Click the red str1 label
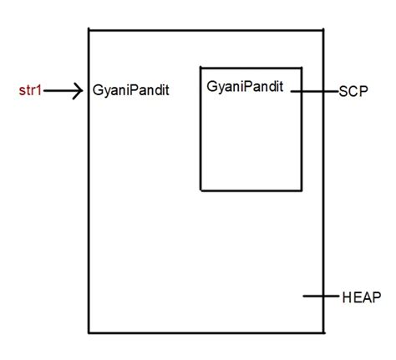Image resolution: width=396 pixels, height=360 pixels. (x=30, y=89)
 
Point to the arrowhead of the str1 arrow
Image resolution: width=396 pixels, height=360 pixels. (x=79, y=90)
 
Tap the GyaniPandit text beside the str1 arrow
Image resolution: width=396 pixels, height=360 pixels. (x=131, y=90)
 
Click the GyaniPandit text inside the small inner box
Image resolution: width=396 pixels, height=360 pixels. (x=245, y=86)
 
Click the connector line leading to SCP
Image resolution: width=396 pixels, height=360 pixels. (x=315, y=90)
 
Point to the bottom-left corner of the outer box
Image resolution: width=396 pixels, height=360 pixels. (x=89, y=333)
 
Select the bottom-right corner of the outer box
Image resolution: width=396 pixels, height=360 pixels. (x=325, y=333)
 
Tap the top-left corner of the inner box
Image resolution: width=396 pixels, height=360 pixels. (x=201, y=66)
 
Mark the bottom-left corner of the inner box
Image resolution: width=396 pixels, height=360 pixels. (x=201, y=190)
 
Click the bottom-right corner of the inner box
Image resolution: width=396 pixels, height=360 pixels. (x=302, y=190)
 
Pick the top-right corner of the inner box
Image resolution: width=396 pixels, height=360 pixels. (x=302, y=66)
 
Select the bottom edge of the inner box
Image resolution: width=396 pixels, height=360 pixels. (x=251, y=190)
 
